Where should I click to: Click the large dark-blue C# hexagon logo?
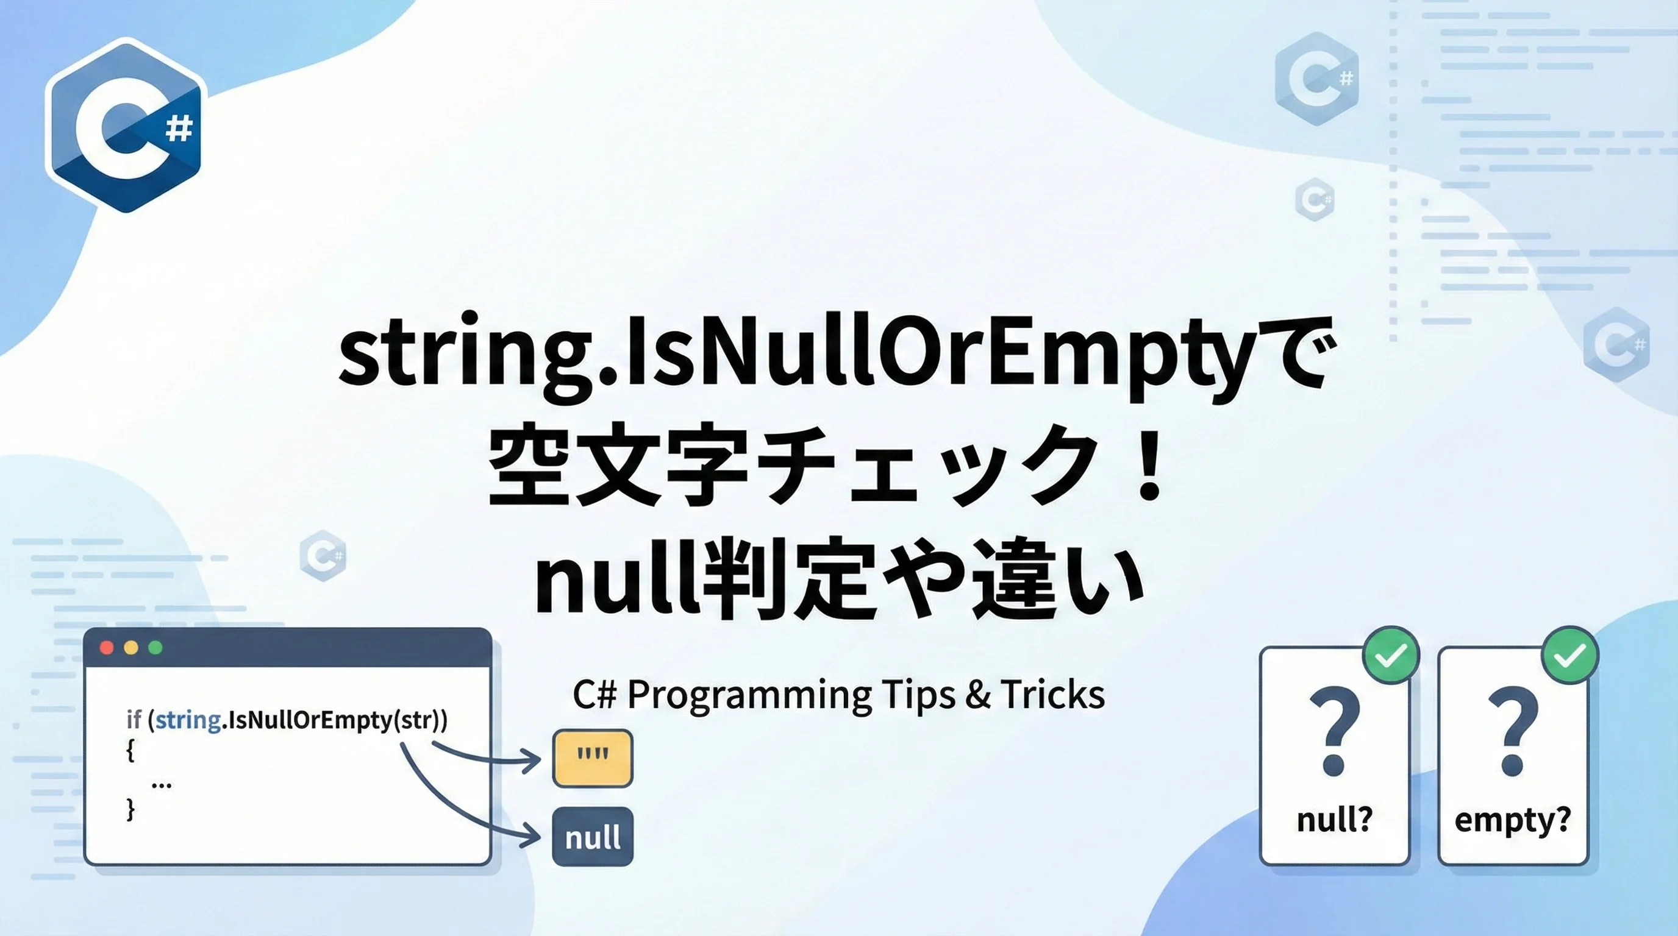coord(126,125)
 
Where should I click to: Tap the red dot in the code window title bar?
coord(107,648)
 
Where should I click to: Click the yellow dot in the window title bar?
coord(131,648)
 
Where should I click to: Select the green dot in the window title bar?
coord(155,648)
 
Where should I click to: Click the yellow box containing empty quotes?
coord(592,758)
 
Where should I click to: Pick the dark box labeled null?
coord(592,837)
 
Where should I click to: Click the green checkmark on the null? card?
coord(1391,656)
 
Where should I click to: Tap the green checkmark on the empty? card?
coord(1570,656)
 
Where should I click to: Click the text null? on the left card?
coord(1335,819)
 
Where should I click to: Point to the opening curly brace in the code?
coord(130,751)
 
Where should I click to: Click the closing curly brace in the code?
coord(130,809)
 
